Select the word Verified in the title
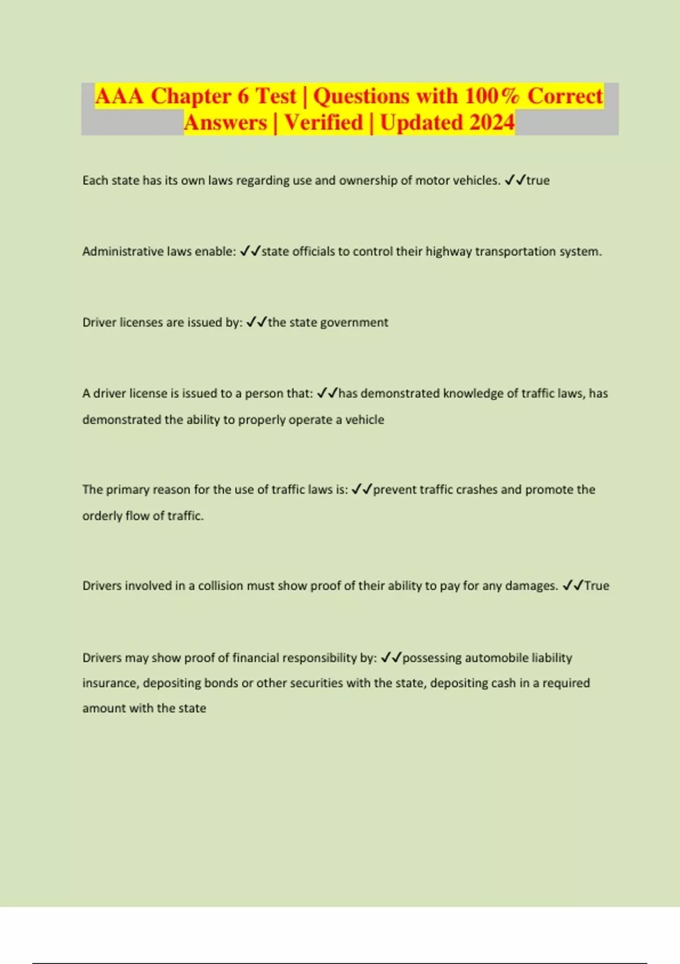[x=324, y=122]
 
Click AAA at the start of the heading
[x=119, y=96]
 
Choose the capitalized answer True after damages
[x=597, y=586]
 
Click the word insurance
[x=109, y=683]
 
